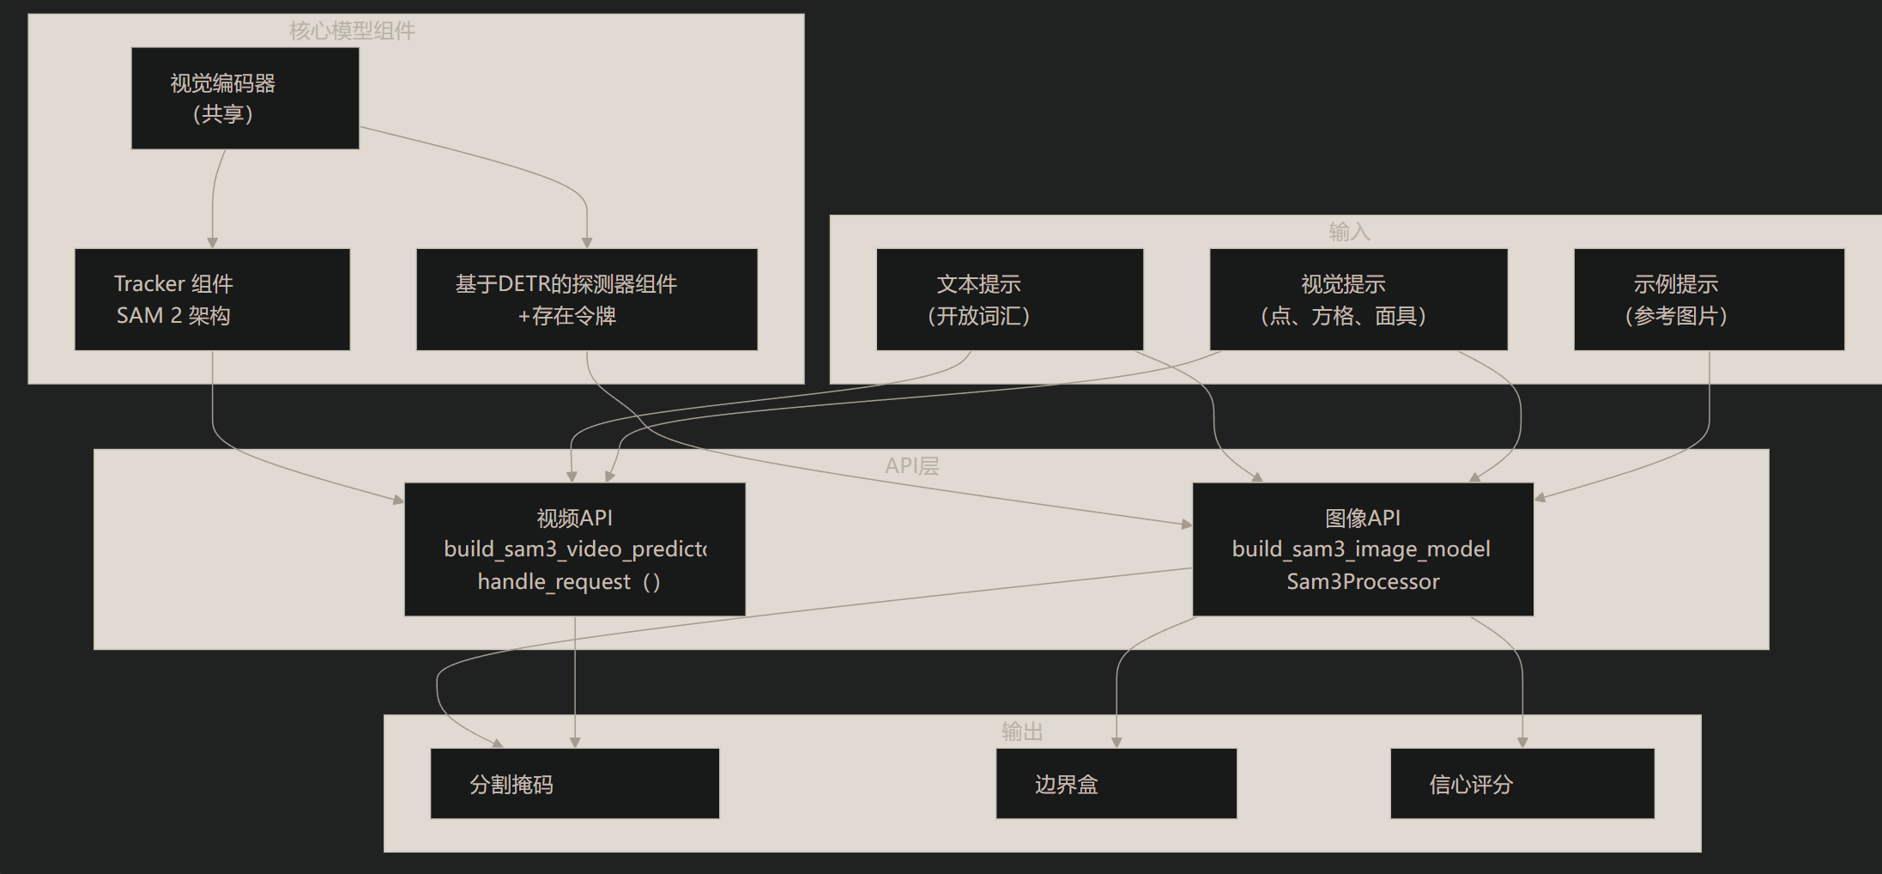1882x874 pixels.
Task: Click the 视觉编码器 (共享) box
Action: point(245,98)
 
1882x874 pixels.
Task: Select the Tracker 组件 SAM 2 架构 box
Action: point(212,300)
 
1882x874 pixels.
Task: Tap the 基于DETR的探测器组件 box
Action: point(586,300)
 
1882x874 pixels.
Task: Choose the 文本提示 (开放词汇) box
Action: point(1009,300)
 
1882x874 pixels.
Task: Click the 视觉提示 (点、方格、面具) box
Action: point(1358,300)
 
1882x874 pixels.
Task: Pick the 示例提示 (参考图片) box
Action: point(1709,300)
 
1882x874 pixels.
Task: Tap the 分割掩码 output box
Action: point(574,783)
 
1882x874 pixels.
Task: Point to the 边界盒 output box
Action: point(1116,783)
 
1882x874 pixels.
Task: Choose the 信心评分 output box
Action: point(1522,783)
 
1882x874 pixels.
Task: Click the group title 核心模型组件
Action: point(352,31)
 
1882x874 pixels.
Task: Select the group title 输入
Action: point(1349,232)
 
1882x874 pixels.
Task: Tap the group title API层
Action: point(911,466)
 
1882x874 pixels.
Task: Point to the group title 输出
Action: point(1022,731)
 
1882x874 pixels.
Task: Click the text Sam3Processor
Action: point(1363,582)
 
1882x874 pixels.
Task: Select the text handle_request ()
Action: point(569,582)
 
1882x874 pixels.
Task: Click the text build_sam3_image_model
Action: point(1361,549)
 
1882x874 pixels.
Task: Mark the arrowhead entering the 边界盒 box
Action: point(1116,743)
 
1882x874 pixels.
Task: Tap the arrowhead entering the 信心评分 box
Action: point(1522,743)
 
